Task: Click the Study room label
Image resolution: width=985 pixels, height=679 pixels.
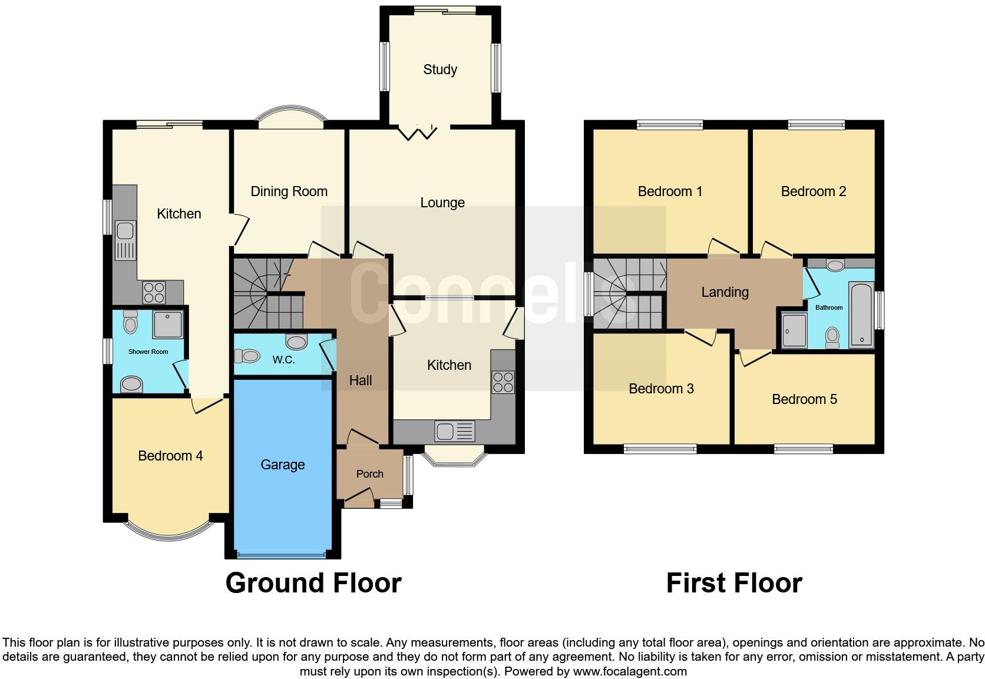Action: [x=440, y=69]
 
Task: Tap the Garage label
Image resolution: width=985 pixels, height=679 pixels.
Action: [x=282, y=465]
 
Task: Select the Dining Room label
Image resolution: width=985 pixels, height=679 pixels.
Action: [x=289, y=191]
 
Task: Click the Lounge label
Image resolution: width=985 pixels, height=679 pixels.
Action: [x=442, y=203]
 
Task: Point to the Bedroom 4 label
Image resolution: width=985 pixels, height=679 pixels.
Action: [x=170, y=456]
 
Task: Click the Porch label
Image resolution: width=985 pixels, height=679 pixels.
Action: [x=369, y=474]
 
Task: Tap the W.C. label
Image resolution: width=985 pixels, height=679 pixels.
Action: [x=283, y=360]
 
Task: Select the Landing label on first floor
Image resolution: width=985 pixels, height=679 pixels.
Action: [x=725, y=292]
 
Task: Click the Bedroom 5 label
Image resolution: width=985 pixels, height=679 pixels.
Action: [x=804, y=399]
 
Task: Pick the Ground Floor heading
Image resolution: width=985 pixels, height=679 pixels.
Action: [x=313, y=583]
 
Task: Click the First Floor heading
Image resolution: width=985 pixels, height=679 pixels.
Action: [x=733, y=583]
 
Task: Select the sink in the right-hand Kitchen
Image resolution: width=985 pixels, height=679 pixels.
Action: [x=454, y=431]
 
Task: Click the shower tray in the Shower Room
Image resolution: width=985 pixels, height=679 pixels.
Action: [x=168, y=324]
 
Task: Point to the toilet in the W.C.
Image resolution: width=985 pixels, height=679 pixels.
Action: [x=247, y=356]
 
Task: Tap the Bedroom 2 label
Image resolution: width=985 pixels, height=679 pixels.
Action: [x=813, y=191]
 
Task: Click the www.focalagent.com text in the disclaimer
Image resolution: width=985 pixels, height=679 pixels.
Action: [x=629, y=671]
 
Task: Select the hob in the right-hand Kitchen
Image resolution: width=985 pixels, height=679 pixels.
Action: [x=503, y=382]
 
